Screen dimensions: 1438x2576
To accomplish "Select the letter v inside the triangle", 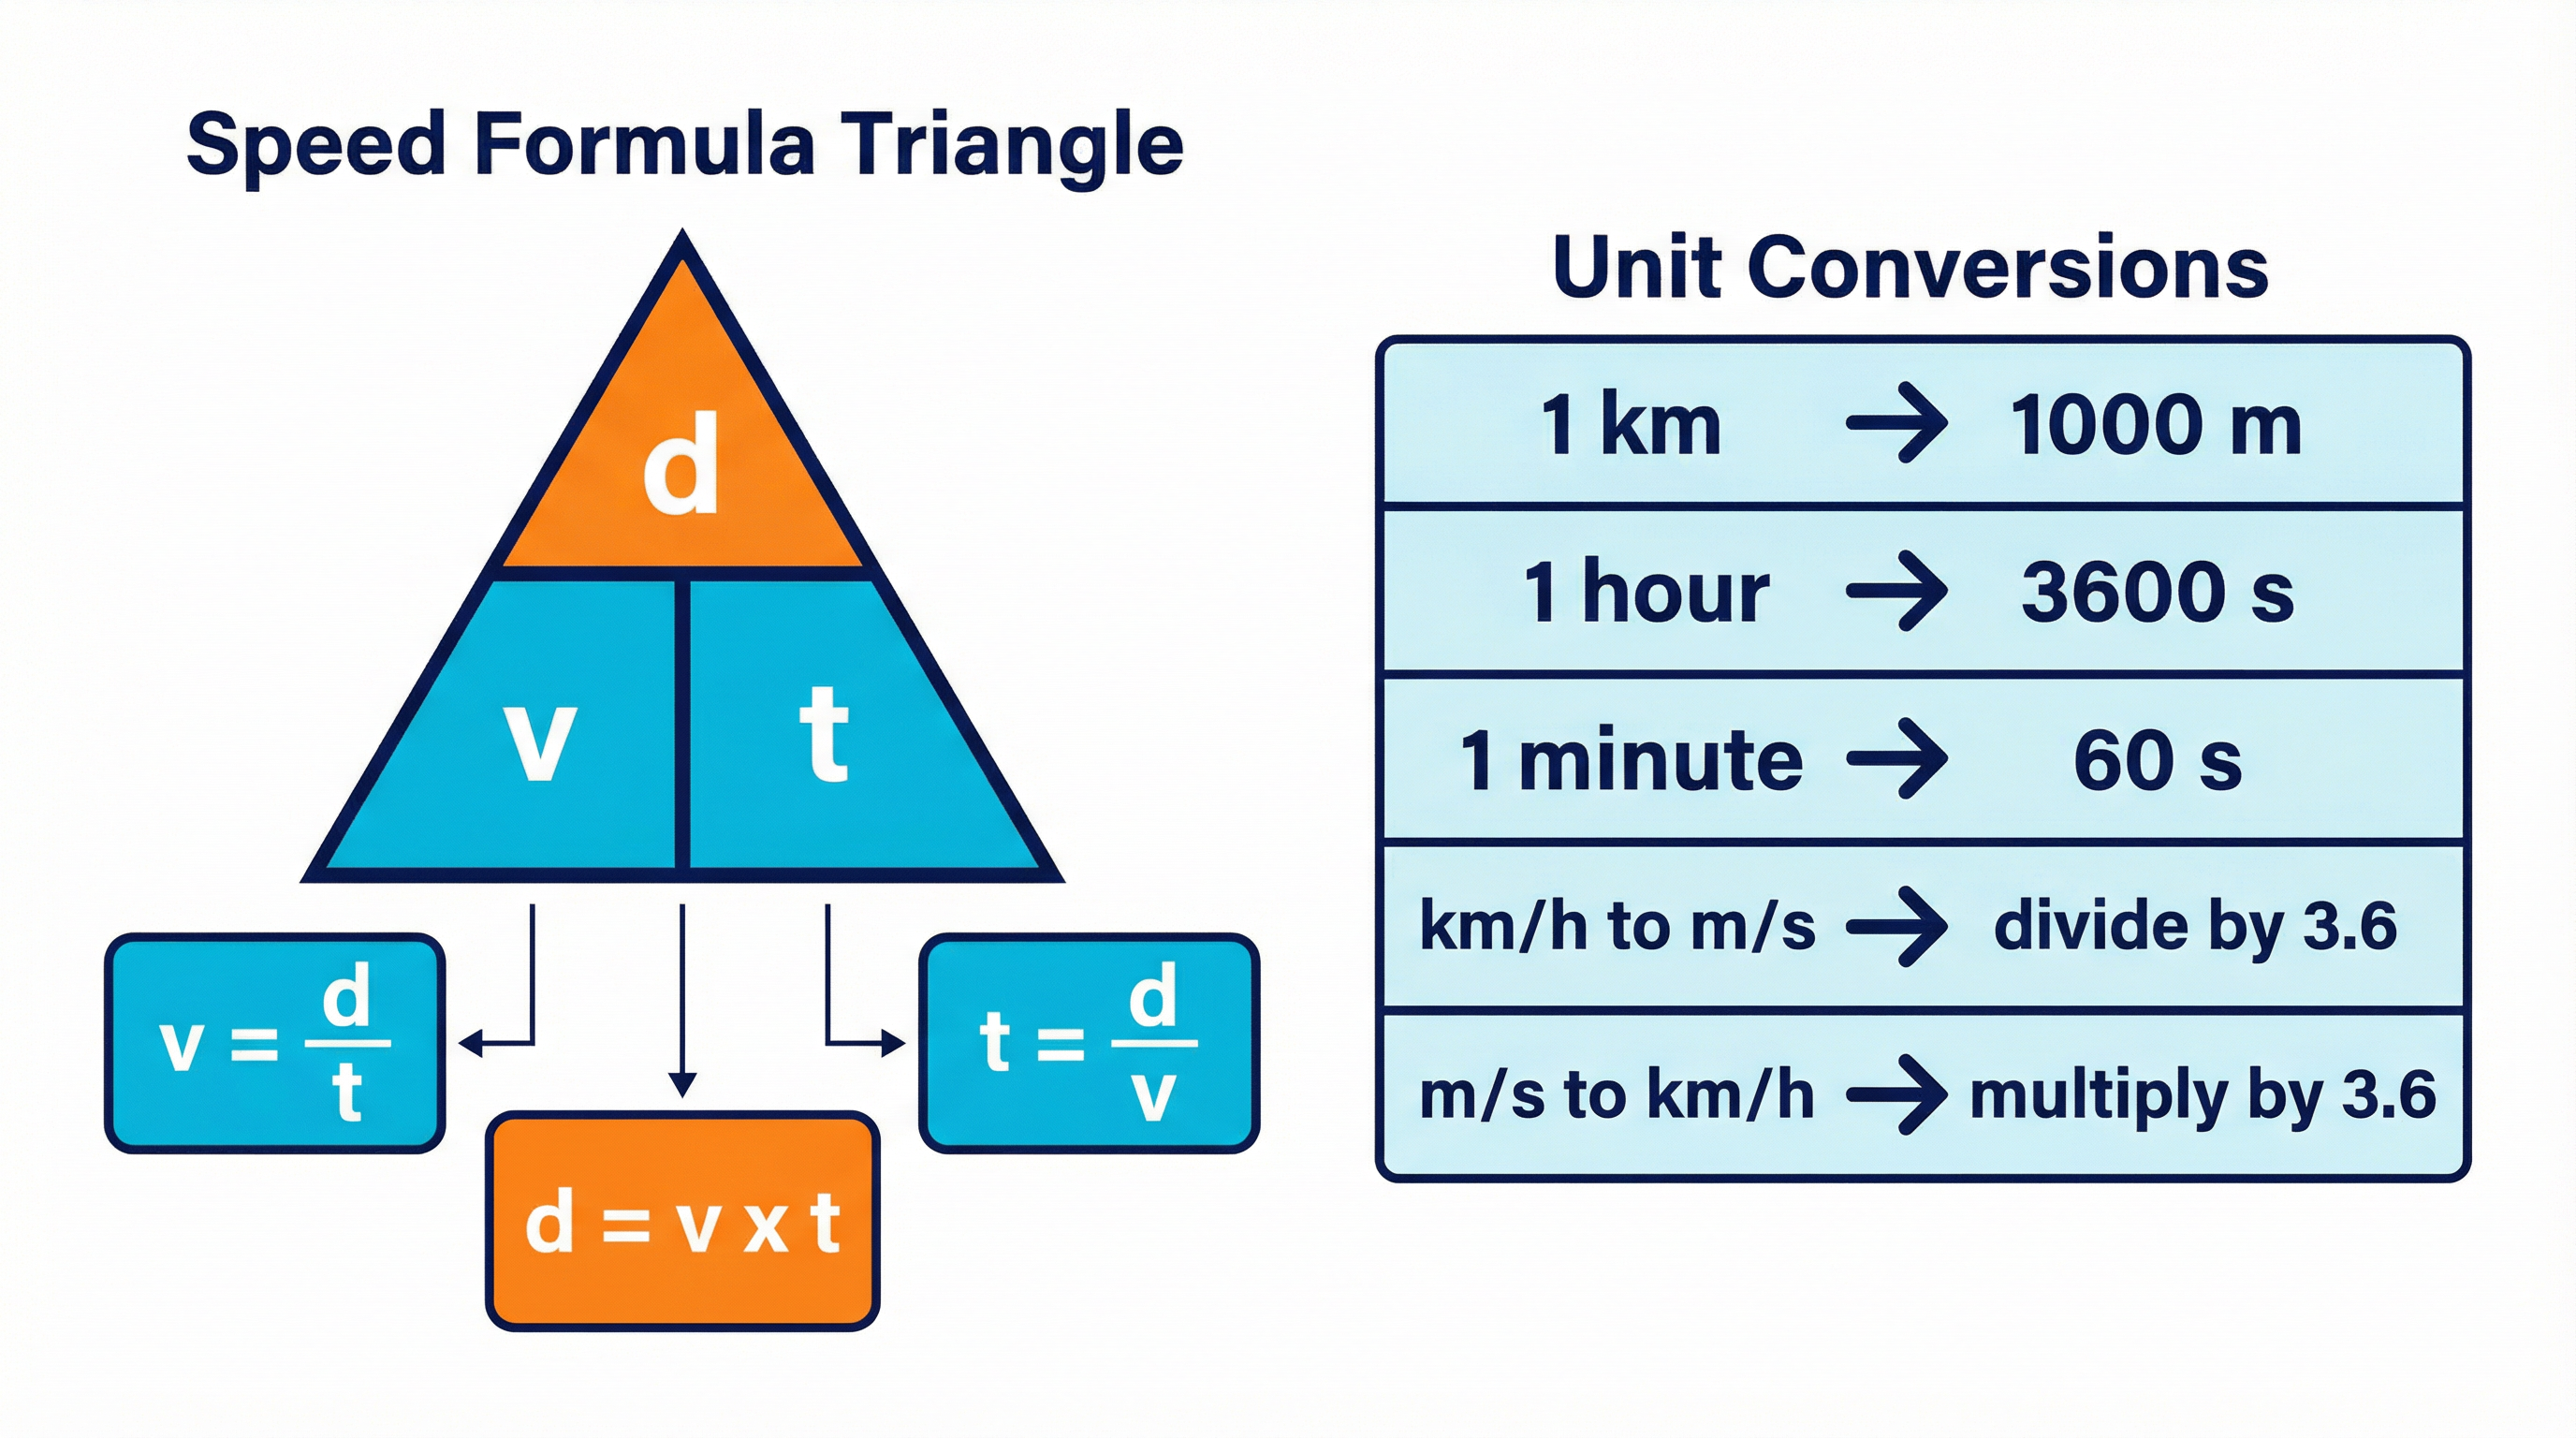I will (540, 740).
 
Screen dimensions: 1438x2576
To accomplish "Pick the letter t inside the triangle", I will (824, 735).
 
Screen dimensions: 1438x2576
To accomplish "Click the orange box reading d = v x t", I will (682, 1222).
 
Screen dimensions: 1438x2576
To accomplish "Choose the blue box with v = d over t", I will (275, 1043).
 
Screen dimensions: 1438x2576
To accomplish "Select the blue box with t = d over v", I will (1089, 1043).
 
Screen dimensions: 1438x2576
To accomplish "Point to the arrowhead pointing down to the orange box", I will (682, 1084).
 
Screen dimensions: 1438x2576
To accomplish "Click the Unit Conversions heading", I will (1910, 267).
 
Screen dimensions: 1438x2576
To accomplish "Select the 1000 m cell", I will (2155, 425).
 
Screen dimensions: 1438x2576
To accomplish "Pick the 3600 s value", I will (2157, 592).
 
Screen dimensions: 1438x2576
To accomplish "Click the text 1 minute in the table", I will (1632, 760).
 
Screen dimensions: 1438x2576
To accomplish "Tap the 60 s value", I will (2157, 760).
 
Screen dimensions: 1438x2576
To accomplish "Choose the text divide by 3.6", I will (2195, 927).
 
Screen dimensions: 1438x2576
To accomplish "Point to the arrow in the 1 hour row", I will (1896, 591).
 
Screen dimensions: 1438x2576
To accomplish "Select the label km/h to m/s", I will (1617, 926).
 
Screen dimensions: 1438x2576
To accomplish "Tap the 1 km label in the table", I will (1630, 425).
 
